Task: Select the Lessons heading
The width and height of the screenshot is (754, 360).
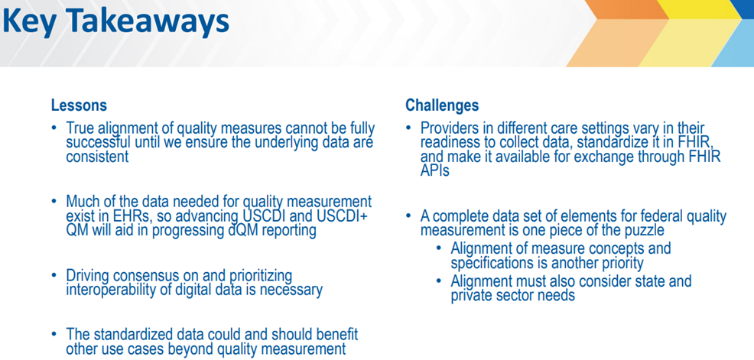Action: (79, 105)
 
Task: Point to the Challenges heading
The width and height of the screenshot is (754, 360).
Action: (443, 105)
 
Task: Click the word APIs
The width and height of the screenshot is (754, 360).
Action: (434, 170)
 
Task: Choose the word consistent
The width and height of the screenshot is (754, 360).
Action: (98, 157)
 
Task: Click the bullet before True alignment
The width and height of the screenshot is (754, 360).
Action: (55, 129)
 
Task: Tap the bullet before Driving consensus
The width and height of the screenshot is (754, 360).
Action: (55, 277)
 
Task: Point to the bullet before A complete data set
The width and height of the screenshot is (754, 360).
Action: (409, 217)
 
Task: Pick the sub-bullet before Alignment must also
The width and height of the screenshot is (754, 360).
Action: (440, 281)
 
